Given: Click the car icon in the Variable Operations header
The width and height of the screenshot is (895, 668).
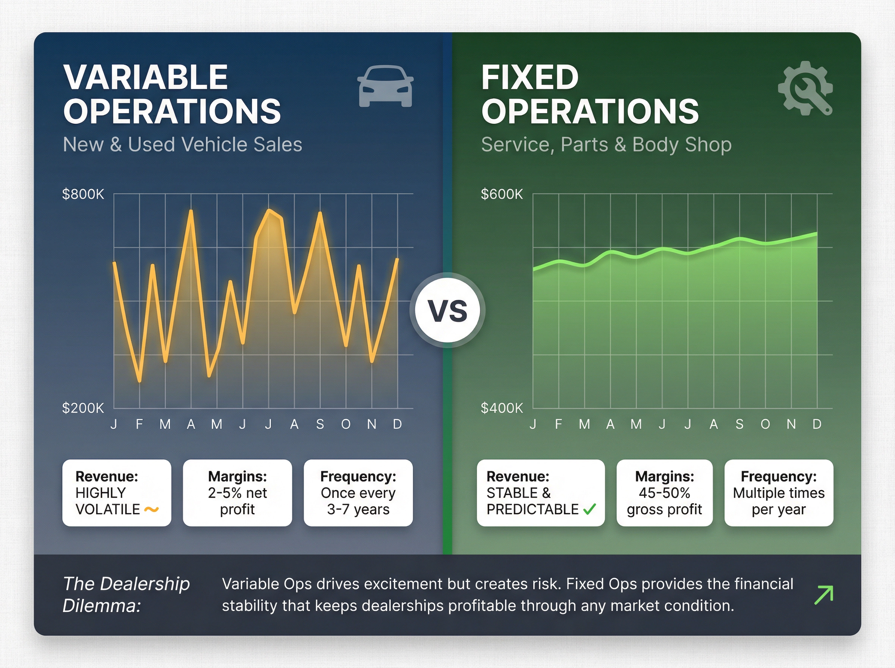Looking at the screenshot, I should (x=385, y=86).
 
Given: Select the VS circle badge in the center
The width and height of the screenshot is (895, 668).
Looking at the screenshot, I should (x=447, y=311).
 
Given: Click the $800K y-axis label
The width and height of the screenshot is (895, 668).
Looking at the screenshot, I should (x=83, y=194).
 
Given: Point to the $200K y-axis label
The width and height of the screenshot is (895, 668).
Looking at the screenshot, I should (x=83, y=408).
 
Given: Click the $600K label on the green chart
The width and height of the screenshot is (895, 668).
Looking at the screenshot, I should (x=502, y=194).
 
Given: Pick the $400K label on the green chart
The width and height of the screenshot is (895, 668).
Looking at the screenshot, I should (x=502, y=408).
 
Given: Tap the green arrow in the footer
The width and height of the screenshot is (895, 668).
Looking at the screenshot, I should (x=823, y=595).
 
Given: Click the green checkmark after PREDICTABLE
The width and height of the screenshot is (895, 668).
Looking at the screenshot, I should (x=590, y=509).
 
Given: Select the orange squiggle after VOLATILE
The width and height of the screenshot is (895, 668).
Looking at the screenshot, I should (x=151, y=510).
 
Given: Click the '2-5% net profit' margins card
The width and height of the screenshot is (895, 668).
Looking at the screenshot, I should (x=238, y=492).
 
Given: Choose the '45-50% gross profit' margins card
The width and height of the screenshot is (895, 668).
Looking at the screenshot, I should (x=664, y=492).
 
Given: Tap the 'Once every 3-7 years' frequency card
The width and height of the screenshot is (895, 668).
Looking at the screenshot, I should (x=358, y=492).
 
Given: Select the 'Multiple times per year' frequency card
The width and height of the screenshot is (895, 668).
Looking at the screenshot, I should (x=779, y=492).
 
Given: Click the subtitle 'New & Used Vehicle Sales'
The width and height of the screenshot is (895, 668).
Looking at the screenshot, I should (x=182, y=144).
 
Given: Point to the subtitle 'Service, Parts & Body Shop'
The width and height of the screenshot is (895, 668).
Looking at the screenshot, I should (x=606, y=144).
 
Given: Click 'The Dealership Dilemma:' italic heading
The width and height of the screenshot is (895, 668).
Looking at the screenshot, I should (x=126, y=595).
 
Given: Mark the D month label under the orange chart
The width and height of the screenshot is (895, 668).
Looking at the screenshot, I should (x=398, y=424).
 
